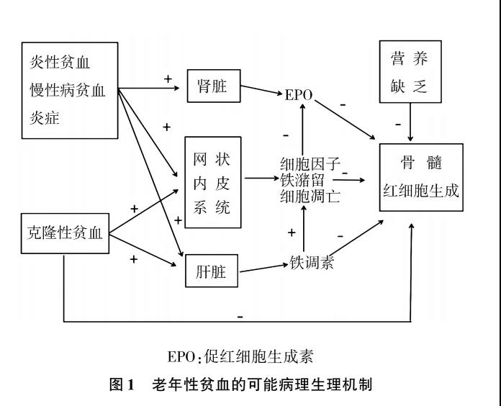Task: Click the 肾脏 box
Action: [212, 87]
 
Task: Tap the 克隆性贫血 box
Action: [65, 233]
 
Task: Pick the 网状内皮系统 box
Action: [213, 182]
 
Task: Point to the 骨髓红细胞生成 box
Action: [421, 176]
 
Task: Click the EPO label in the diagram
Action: [299, 94]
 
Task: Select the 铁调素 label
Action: [311, 261]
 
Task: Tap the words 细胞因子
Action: [310, 163]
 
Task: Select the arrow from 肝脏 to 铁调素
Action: [263, 269]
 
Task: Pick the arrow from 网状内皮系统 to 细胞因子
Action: [261, 177]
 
